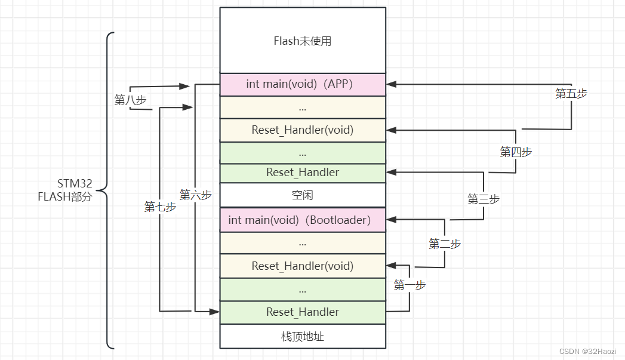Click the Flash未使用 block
[x=302, y=41]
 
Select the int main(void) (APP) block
[x=302, y=84]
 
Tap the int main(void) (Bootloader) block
[x=302, y=220]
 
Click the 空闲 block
[x=302, y=195]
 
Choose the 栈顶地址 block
[x=302, y=337]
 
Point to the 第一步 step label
[x=410, y=285]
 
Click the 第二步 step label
[x=445, y=244]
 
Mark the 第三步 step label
[x=484, y=199]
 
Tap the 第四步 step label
[x=516, y=152]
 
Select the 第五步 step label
[x=571, y=93]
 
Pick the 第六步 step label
[x=196, y=195]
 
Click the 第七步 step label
[x=160, y=207]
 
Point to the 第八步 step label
[x=130, y=100]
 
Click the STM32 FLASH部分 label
[x=65, y=189]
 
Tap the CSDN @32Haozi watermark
[x=587, y=351]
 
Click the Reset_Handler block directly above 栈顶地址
[x=302, y=312]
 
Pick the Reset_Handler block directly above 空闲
[x=302, y=173]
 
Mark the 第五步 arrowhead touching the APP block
[x=391, y=84]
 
